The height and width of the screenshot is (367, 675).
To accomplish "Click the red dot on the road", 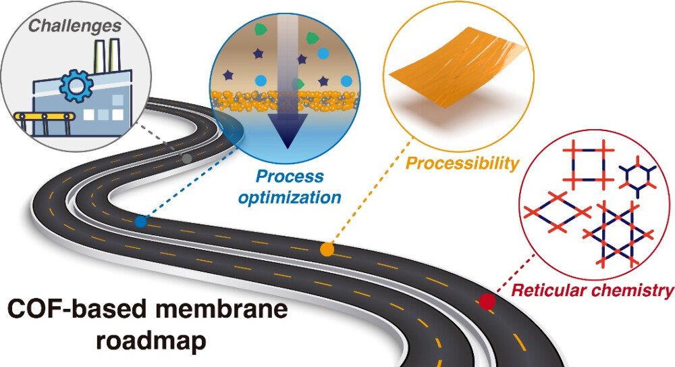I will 486,302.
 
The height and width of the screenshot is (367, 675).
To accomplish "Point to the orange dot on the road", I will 327,249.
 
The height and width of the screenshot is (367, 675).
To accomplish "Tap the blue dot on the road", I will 140,221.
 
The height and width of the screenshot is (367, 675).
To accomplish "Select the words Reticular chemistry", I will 592,291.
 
